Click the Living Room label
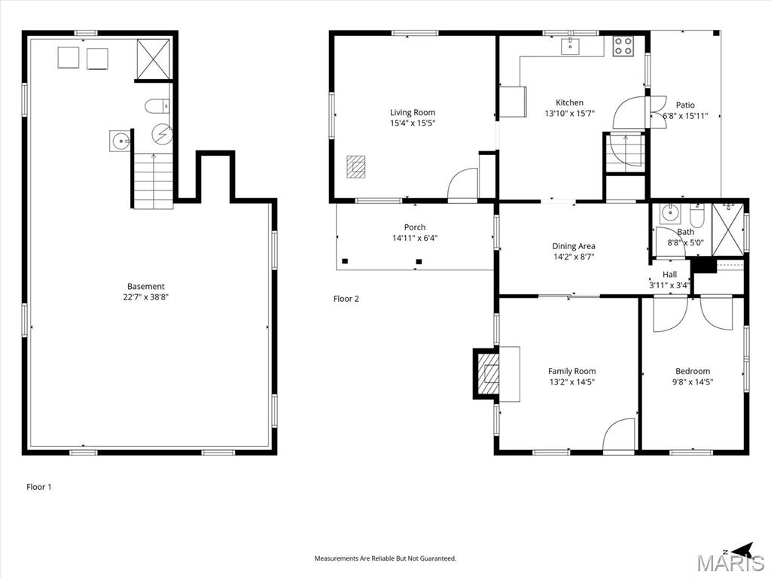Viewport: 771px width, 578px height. [x=413, y=113]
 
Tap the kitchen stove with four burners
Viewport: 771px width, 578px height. [x=623, y=46]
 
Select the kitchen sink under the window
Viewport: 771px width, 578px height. [x=571, y=46]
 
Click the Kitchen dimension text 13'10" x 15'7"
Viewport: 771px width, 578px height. [x=569, y=114]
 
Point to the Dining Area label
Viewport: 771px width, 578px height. [x=573, y=246]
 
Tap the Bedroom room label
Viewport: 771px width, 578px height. [x=693, y=372]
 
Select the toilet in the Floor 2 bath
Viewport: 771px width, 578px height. [x=697, y=214]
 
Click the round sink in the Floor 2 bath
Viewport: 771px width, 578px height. [x=669, y=213]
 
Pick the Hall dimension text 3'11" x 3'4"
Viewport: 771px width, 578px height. [x=669, y=285]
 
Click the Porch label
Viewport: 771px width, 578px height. [x=415, y=227]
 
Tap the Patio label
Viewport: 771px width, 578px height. [x=685, y=105]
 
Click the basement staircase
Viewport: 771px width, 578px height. [x=154, y=181]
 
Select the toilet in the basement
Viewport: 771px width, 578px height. [x=157, y=105]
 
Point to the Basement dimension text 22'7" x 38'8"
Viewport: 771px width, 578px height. [x=146, y=297]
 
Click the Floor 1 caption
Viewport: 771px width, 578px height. [x=39, y=487]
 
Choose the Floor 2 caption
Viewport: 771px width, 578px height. [x=346, y=299]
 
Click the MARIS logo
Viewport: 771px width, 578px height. [x=729, y=560]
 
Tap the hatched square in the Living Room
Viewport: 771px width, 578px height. [x=355, y=166]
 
